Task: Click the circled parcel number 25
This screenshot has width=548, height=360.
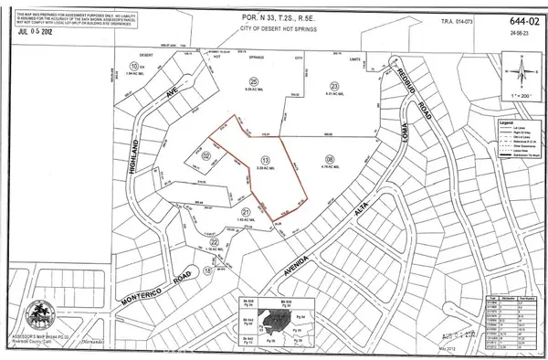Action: pyautogui.click(x=251, y=80)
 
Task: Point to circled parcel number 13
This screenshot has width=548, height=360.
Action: pyautogui.click(x=265, y=158)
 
